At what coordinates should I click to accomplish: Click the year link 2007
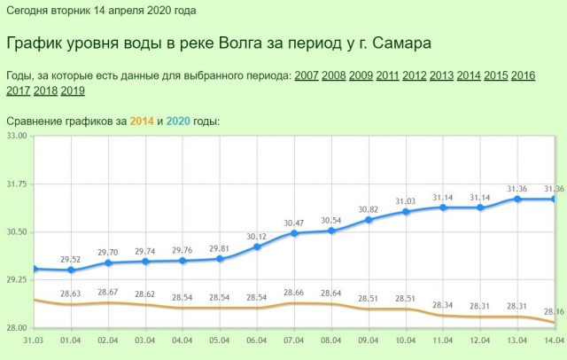click(307, 74)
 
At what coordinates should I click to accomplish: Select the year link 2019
click(73, 90)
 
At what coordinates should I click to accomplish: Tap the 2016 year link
click(523, 74)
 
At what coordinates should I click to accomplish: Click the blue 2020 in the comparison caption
click(177, 121)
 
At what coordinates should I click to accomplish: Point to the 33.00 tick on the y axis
click(17, 136)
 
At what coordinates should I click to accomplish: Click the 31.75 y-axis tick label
click(17, 184)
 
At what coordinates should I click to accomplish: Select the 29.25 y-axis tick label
click(17, 279)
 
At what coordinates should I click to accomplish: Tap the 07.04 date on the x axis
click(294, 340)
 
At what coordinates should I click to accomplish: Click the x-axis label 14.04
click(555, 340)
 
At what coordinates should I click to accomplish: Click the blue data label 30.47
click(294, 223)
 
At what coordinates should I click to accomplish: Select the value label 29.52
click(71, 259)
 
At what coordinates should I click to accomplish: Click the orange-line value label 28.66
click(294, 292)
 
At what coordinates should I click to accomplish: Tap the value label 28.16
click(555, 311)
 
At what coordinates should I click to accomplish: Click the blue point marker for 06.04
click(257, 247)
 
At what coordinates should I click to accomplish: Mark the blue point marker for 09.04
click(369, 219)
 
